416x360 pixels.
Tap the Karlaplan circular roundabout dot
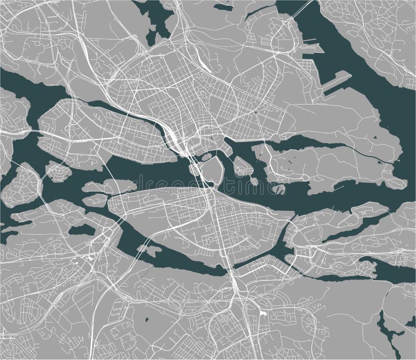pyautogui.click(x=256, y=111)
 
